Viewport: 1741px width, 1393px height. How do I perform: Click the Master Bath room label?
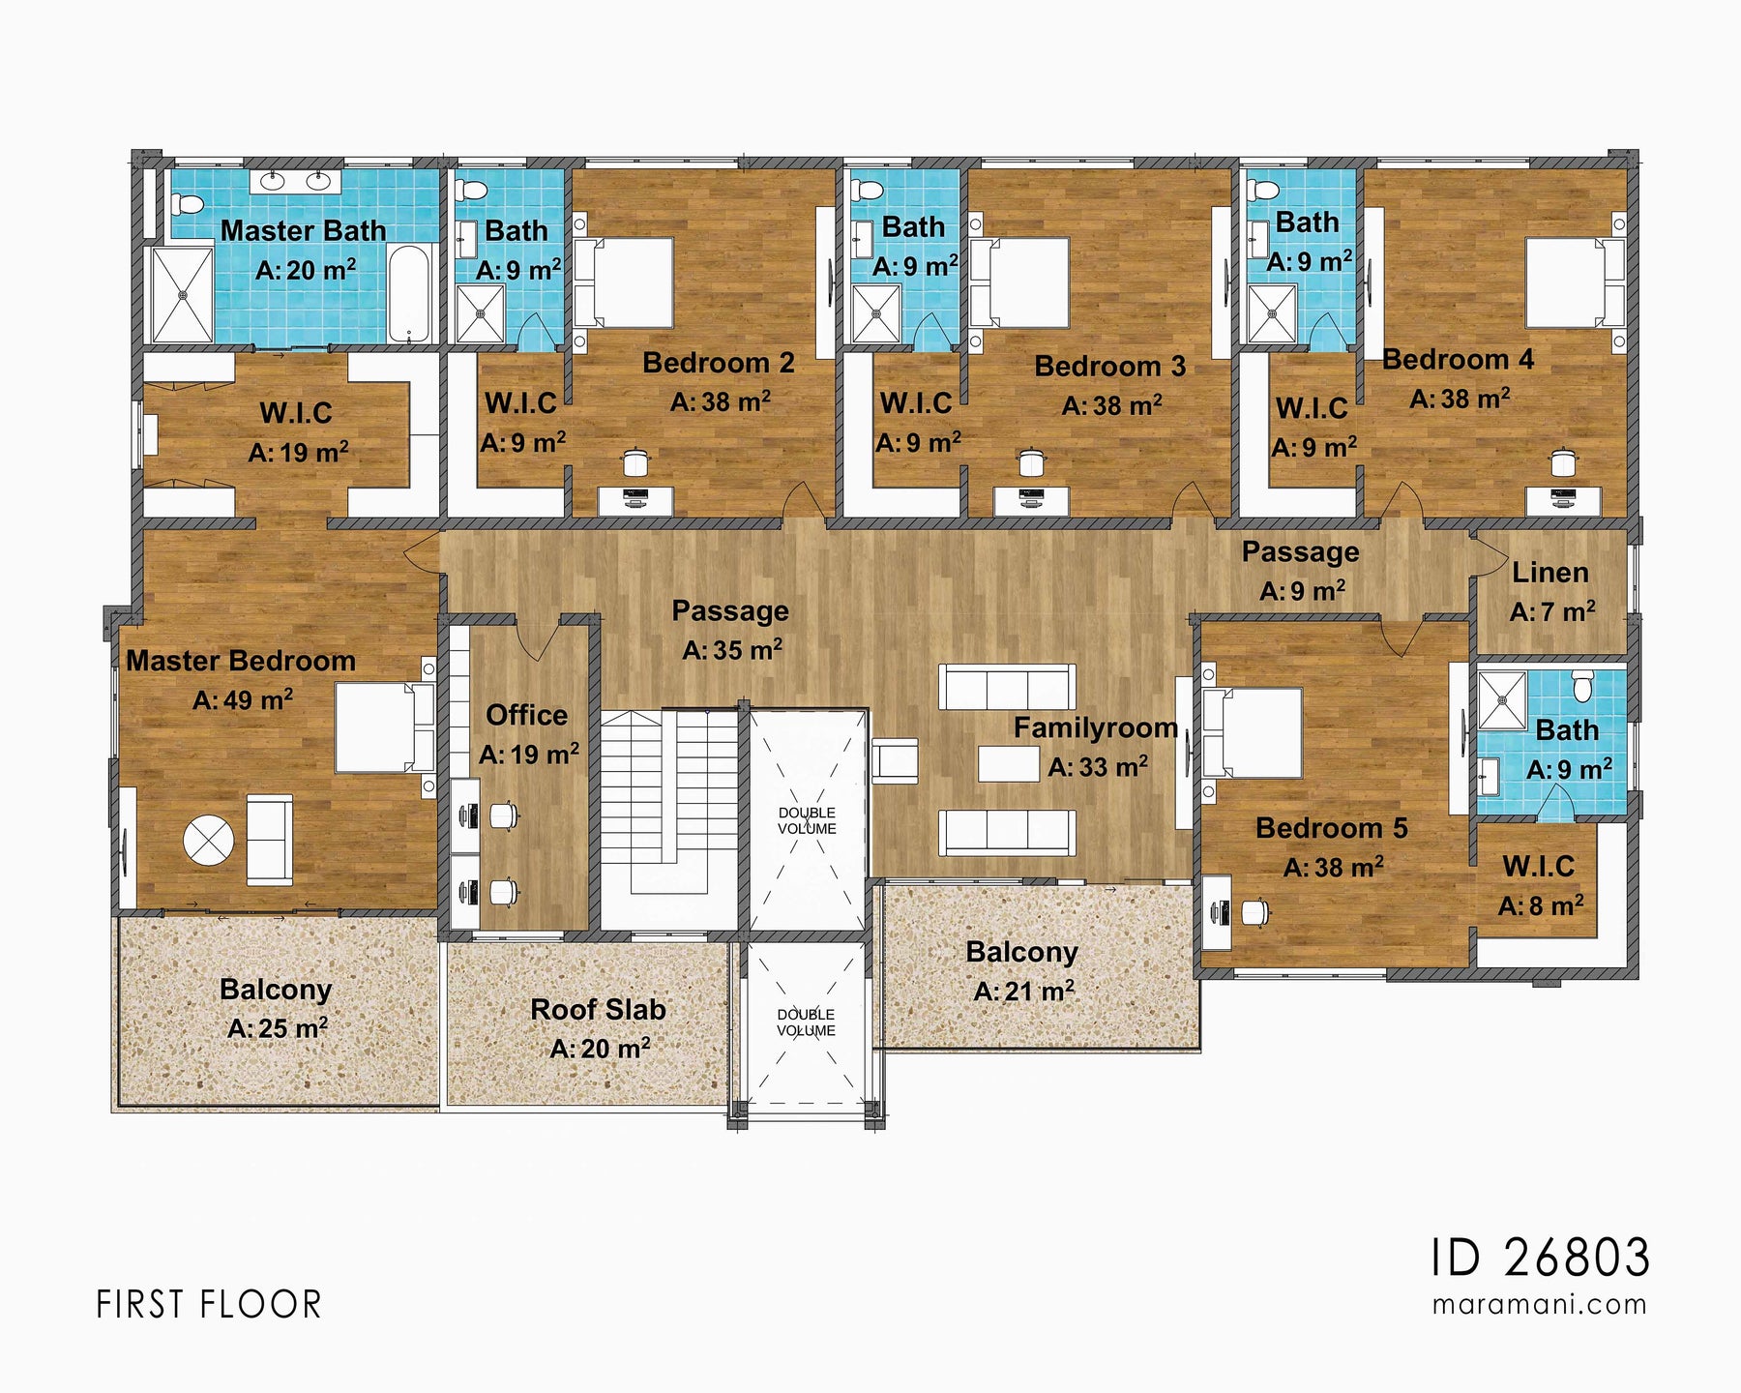click(x=303, y=230)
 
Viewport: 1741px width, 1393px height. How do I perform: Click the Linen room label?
click(x=1549, y=573)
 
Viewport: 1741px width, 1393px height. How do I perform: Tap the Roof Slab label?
click(x=598, y=1010)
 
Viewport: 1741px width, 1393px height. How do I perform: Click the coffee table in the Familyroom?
click(x=1008, y=763)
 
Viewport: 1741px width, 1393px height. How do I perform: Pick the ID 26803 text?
click(x=1540, y=1258)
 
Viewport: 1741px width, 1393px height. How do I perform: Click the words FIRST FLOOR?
click(x=208, y=1305)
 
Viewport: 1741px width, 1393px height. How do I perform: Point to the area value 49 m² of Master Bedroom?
click(x=244, y=700)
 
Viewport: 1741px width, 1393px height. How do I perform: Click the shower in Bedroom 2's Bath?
click(x=480, y=312)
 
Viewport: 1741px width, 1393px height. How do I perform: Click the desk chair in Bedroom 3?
click(x=1032, y=462)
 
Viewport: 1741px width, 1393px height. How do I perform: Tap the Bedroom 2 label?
click(x=718, y=363)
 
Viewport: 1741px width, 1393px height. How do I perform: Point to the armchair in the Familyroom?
click(x=896, y=759)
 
